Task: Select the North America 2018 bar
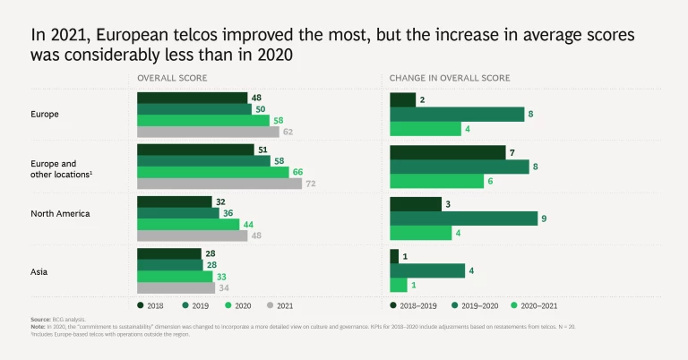click(174, 202)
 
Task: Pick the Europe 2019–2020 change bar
click(457, 114)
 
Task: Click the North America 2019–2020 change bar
click(463, 219)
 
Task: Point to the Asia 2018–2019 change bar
click(394, 256)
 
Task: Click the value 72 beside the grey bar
click(311, 184)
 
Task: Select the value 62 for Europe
click(288, 132)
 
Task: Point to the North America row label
click(58, 213)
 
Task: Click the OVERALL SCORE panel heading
click(172, 78)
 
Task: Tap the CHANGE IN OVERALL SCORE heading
click(449, 78)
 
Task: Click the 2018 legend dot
click(142, 305)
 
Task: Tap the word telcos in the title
click(196, 36)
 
